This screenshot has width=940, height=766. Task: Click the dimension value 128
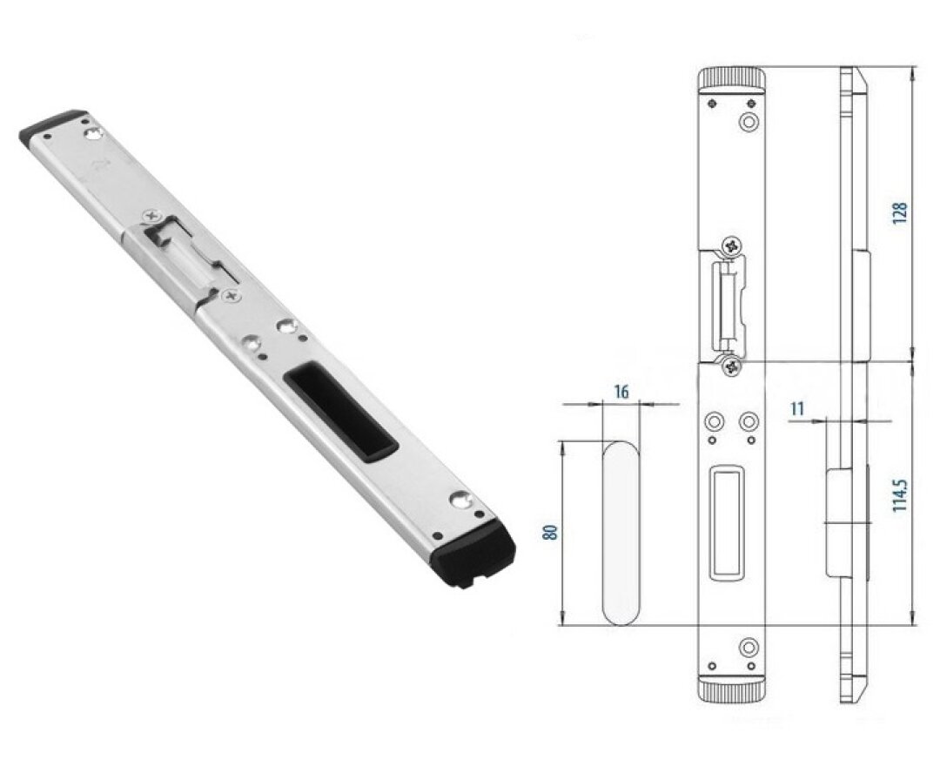(x=900, y=213)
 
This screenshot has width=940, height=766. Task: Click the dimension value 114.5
(x=900, y=495)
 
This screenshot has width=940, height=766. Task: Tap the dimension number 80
(x=551, y=532)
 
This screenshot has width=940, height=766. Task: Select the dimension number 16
(x=621, y=392)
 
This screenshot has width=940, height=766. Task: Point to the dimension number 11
(x=796, y=409)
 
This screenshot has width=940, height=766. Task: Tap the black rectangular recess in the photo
(x=340, y=414)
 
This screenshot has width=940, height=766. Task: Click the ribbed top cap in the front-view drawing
(x=732, y=80)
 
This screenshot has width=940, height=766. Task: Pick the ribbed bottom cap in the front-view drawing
(x=732, y=690)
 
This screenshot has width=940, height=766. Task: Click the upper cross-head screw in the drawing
(x=731, y=245)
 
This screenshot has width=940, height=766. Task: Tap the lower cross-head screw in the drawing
(x=731, y=366)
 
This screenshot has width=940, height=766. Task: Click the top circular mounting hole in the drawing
(x=749, y=122)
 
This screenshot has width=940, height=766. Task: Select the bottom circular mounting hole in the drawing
(x=749, y=648)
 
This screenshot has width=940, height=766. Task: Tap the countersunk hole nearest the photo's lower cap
(x=460, y=500)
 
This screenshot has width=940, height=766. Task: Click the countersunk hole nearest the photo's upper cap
(x=93, y=133)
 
